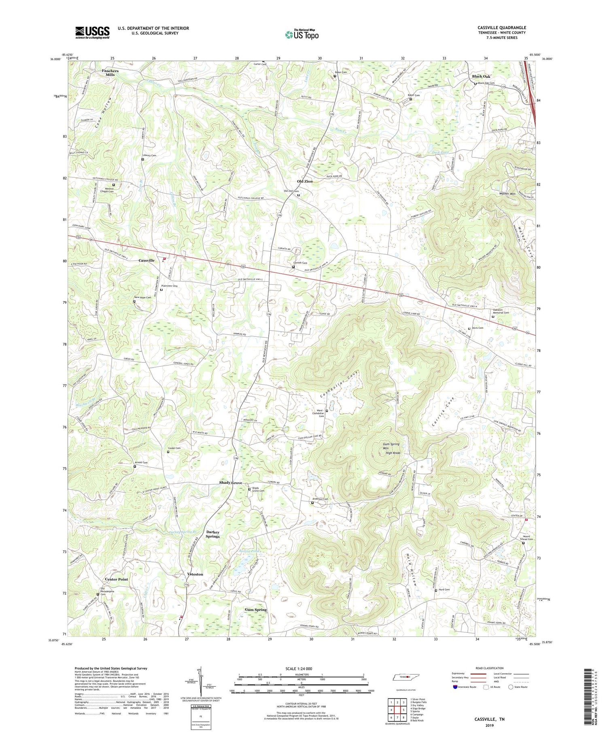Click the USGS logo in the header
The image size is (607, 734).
tap(92, 32)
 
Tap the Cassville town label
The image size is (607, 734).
tap(146, 260)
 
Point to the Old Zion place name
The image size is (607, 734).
tap(305, 181)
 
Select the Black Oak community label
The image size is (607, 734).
tap(481, 77)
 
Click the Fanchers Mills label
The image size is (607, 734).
tap(110, 73)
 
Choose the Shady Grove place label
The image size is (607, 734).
tap(231, 483)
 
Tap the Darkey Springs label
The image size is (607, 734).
tap(213, 534)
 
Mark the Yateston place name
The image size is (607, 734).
tap(195, 574)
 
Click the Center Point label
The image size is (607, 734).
tap(117, 579)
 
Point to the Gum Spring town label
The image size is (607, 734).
tap(256, 609)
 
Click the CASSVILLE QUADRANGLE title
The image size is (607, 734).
tap(501, 28)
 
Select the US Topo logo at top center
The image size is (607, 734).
tap(301, 34)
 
